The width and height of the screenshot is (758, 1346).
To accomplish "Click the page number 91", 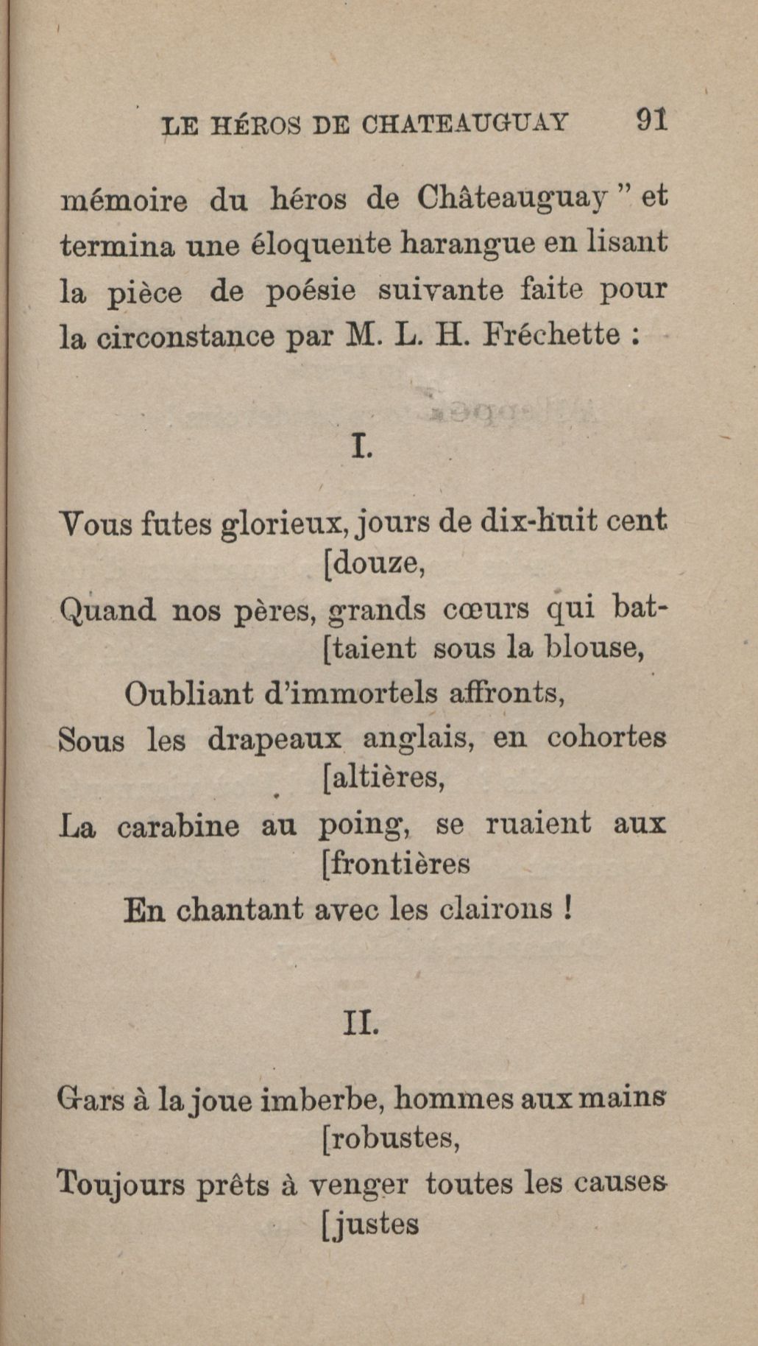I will tap(651, 119).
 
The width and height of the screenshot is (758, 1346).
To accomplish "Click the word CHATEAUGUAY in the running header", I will tap(465, 122).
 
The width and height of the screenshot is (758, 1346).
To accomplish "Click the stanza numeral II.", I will tap(361, 1023).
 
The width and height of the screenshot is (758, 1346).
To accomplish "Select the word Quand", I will tap(107, 610).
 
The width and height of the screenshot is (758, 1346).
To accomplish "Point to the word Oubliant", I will tap(188, 694).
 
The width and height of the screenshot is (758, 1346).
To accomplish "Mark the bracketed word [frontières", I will tap(396, 864).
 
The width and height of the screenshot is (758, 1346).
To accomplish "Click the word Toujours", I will tap(121, 1185).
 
